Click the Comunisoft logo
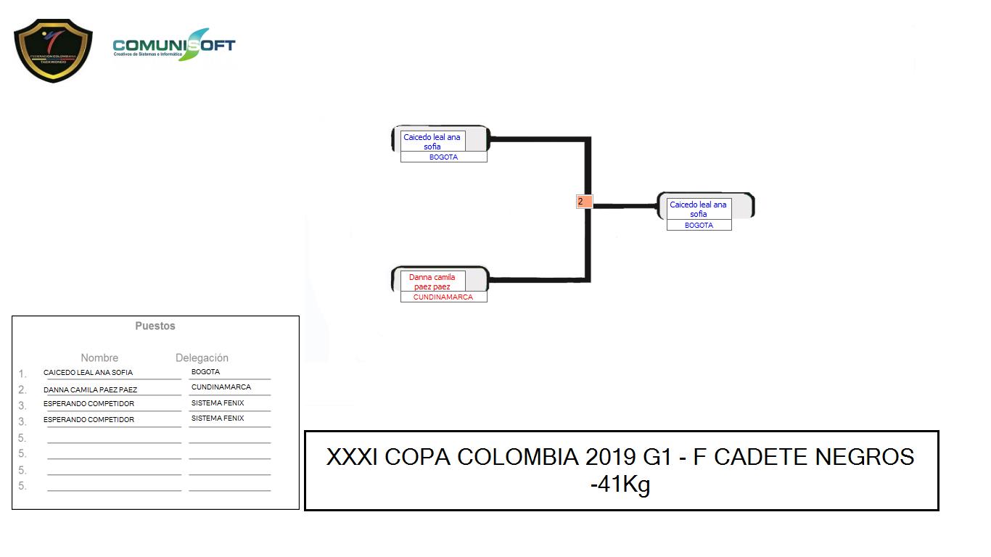click(x=174, y=45)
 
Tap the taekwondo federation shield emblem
click(x=53, y=51)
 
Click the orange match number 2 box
click(x=584, y=202)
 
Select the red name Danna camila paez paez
click(x=432, y=282)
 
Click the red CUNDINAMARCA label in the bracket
click(x=443, y=297)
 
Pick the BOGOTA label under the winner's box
click(x=699, y=225)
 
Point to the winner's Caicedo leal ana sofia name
click(x=698, y=210)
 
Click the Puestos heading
click(x=155, y=326)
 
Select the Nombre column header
click(x=99, y=358)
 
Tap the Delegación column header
click(x=202, y=358)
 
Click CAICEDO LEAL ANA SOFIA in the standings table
click(x=88, y=373)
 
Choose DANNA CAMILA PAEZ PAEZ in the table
click(x=90, y=389)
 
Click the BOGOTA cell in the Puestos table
click(x=205, y=371)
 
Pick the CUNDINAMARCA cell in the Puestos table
click(x=221, y=387)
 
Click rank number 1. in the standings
click(x=22, y=374)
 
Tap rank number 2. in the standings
click(x=22, y=389)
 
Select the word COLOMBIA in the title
click(x=517, y=457)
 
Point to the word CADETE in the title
click(x=761, y=457)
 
